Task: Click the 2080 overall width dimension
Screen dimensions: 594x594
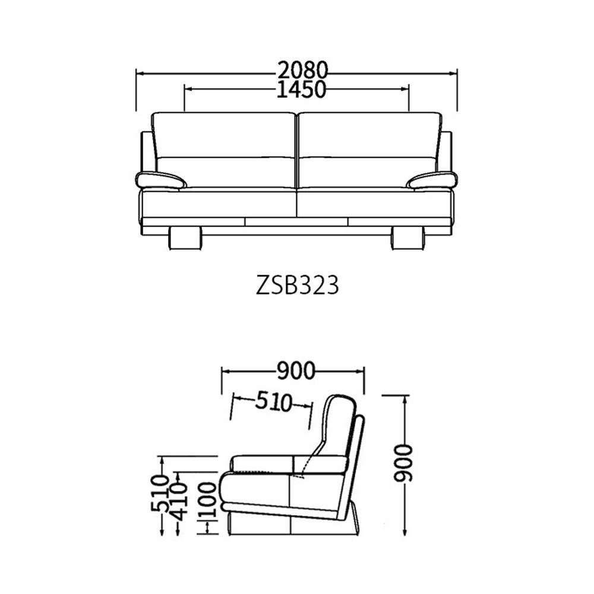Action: (x=302, y=71)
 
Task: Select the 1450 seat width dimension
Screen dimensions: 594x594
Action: (x=302, y=90)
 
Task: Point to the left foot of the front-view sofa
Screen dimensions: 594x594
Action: (x=185, y=238)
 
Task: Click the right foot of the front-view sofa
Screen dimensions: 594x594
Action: (x=407, y=238)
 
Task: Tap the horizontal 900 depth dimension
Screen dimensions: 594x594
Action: (x=295, y=371)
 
